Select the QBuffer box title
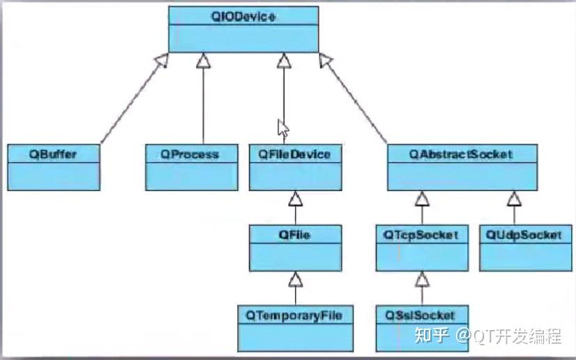coord(52,154)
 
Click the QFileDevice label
coord(295,153)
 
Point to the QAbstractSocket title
coord(461,154)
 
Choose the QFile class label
coord(295,235)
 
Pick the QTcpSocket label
coord(420,235)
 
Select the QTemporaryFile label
coord(294,315)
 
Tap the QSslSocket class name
coord(420,315)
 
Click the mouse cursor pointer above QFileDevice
coord(282,128)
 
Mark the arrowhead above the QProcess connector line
coord(203,63)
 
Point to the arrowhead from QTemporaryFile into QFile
coord(295,280)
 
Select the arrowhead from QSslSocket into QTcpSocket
coord(421,280)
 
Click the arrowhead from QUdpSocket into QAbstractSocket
coord(515,200)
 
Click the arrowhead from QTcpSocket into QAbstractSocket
coord(421,200)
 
